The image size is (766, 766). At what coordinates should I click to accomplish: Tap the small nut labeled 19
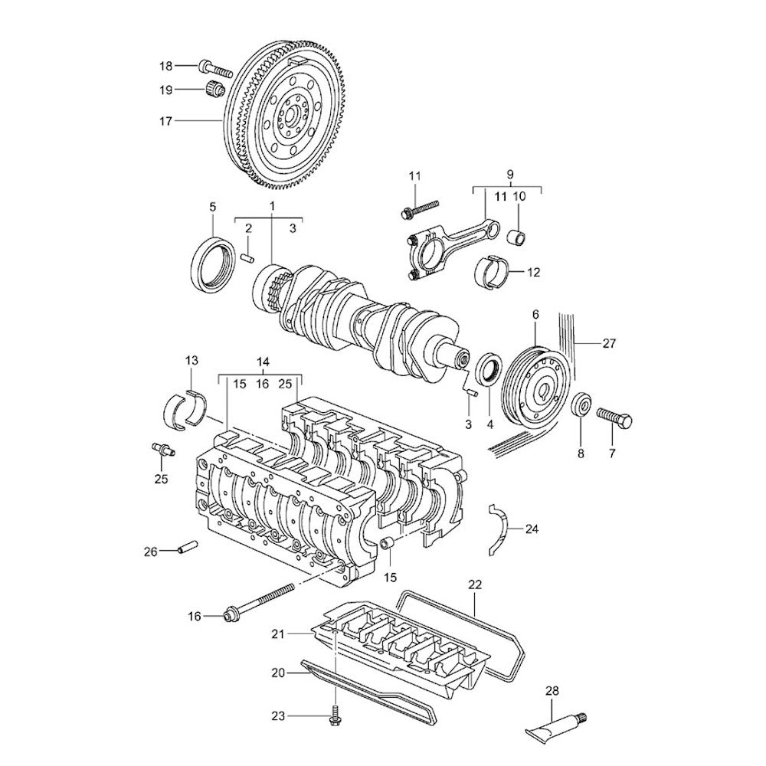pyautogui.click(x=214, y=90)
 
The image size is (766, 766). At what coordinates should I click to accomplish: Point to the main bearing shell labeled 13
pyautogui.click(x=185, y=405)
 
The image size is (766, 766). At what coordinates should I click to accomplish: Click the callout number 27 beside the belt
pyautogui.click(x=609, y=344)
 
